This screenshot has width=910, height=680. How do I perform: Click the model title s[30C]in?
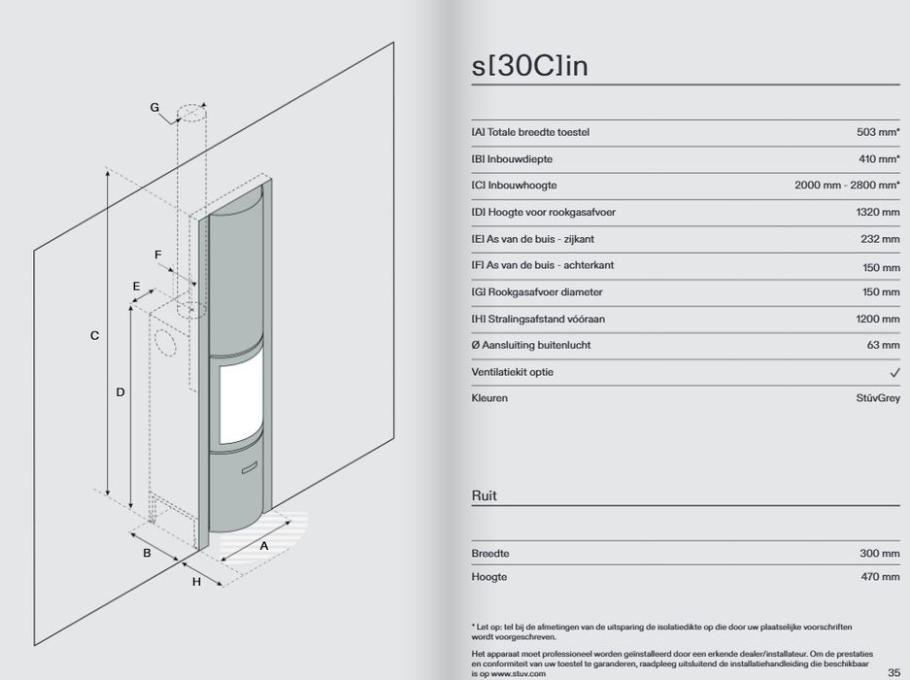[529, 66]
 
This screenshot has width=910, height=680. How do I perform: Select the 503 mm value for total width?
[878, 132]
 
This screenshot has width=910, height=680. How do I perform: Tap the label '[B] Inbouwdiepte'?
[512, 159]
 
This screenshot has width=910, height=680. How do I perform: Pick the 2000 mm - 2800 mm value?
[847, 186]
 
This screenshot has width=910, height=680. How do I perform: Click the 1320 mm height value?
[878, 212]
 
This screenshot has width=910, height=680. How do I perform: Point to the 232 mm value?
[881, 239]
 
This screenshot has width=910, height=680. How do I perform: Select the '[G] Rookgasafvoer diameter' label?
[537, 292]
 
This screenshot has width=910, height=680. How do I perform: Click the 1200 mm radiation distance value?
[878, 319]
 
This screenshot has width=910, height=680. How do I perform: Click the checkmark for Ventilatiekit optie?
[894, 372]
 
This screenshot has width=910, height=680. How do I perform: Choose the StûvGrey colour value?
[878, 398]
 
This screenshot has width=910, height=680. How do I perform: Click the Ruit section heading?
[484, 495]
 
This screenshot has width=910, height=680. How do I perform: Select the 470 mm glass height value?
[881, 577]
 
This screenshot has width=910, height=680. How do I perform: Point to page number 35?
[893, 672]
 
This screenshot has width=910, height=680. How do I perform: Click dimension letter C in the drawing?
[94, 336]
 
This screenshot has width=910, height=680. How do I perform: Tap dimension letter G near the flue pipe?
[154, 108]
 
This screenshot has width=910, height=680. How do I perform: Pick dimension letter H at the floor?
[196, 581]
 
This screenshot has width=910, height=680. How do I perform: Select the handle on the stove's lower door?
[250, 467]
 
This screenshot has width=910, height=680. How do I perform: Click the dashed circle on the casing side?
[164, 343]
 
